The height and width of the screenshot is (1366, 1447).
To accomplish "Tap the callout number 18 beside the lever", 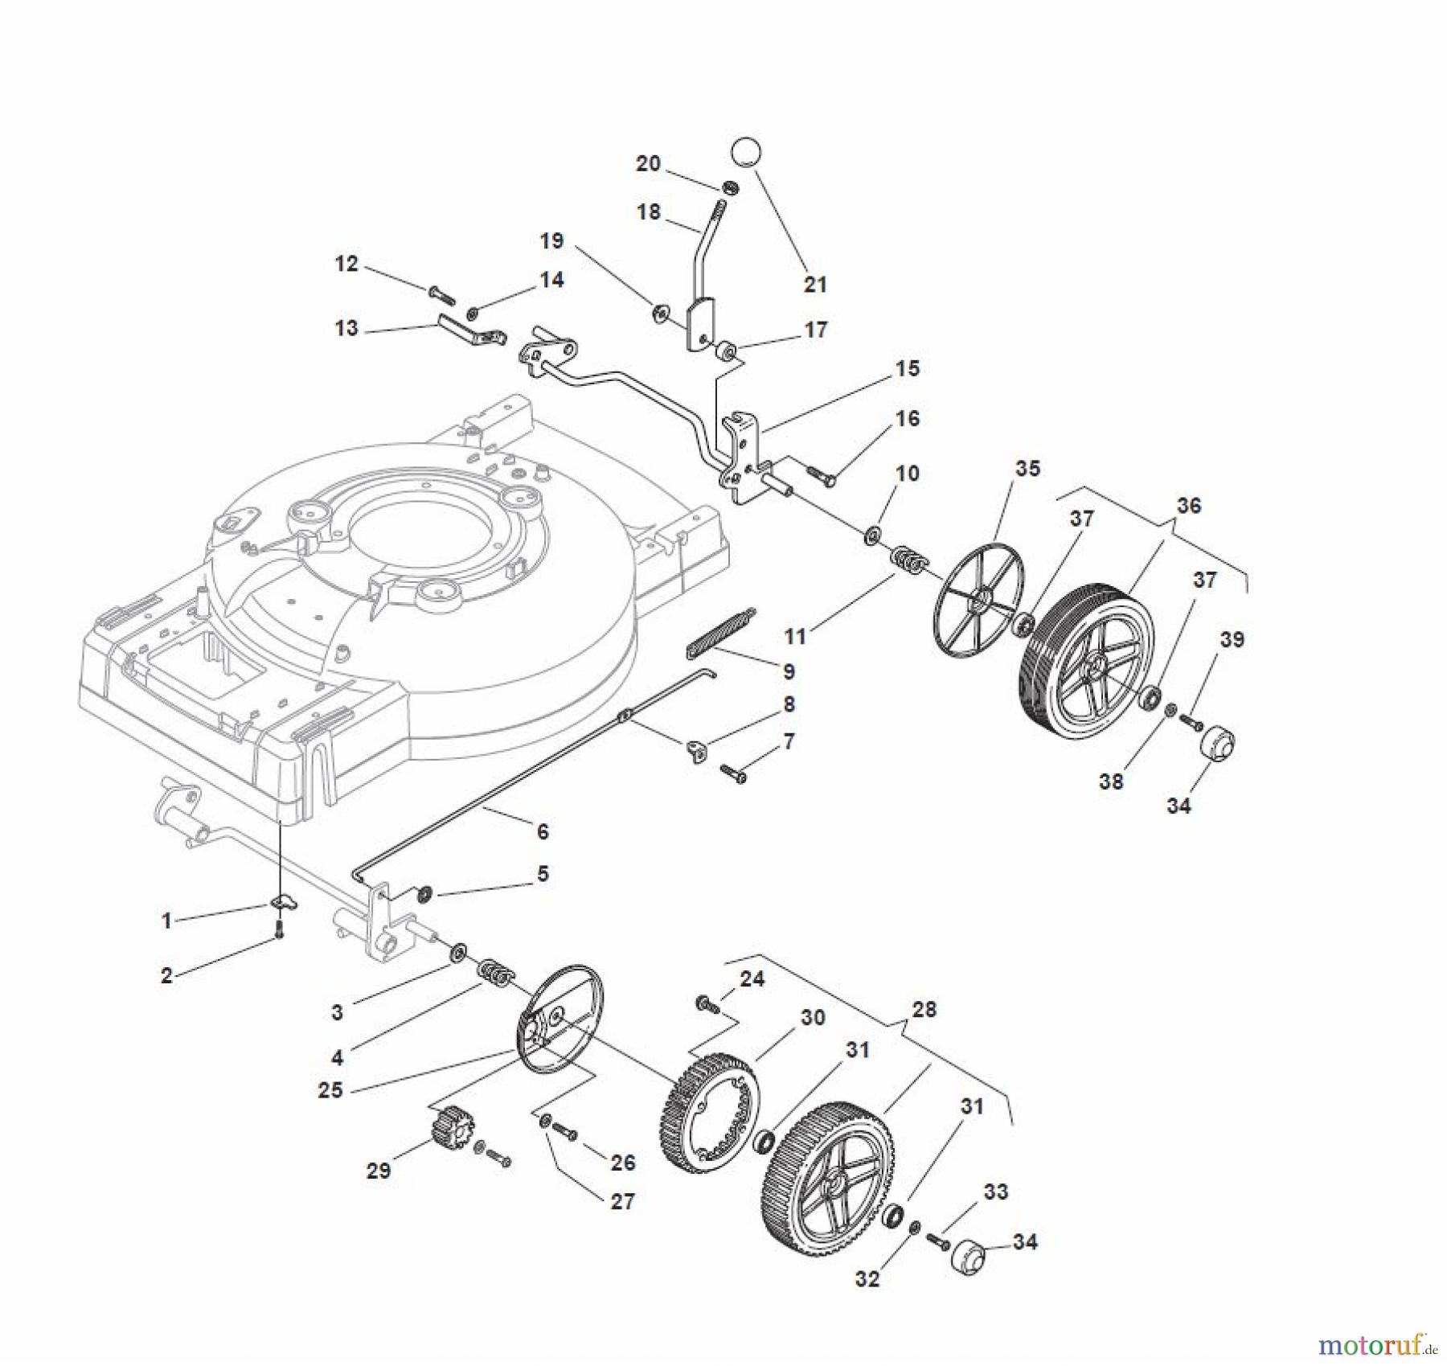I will coord(648,211).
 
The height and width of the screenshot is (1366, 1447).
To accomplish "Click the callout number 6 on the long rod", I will coord(543,831).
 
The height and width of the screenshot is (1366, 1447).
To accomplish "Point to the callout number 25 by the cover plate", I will coord(330,1090).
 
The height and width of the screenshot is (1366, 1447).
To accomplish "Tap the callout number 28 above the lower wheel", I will coord(924,1008).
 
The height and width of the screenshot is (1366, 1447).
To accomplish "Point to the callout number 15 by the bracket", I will coord(907,368).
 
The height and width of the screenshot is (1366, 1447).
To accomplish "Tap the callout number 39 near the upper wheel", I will coord(1232,639).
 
